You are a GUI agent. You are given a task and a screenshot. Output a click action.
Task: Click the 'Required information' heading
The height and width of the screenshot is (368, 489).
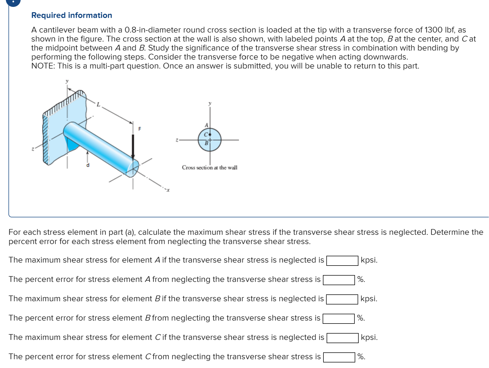coord(72,15)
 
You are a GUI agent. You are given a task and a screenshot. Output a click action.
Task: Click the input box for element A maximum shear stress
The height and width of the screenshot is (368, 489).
coord(342,261)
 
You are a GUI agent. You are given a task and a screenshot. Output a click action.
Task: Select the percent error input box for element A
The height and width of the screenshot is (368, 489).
coord(339,280)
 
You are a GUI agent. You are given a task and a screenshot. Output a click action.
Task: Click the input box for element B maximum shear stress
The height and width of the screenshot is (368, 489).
coord(342,299)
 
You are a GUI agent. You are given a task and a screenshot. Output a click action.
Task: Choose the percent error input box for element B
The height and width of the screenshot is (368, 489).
coord(338,318)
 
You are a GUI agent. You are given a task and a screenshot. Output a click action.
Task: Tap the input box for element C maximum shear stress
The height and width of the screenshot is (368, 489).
coord(342,338)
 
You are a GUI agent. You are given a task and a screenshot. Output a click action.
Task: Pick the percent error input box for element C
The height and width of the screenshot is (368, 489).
coord(339,357)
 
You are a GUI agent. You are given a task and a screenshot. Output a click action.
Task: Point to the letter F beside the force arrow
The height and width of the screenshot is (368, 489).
coord(140,129)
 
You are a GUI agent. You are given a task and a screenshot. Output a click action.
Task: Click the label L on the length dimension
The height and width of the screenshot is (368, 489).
coord(98,105)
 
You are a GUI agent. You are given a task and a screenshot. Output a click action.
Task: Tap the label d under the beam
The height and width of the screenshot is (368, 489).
coord(88,165)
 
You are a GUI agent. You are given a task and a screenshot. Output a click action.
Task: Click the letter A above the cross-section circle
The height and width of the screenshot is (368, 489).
coord(206,125)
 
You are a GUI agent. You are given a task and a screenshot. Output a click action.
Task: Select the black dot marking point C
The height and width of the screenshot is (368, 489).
coord(210,134)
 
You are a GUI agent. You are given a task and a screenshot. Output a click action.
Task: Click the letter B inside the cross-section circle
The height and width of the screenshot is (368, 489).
coord(206,143)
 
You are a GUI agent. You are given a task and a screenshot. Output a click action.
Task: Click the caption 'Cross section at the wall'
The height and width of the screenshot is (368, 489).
coord(209,168)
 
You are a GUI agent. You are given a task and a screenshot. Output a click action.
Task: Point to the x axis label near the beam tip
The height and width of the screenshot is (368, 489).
coord(168,190)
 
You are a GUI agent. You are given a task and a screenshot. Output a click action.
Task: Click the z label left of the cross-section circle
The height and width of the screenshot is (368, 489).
coord(177,140)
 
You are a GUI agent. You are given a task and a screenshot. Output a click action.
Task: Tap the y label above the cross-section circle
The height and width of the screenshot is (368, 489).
coord(210,103)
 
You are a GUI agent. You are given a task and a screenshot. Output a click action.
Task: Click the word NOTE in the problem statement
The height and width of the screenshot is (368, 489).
coord(43,66)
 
